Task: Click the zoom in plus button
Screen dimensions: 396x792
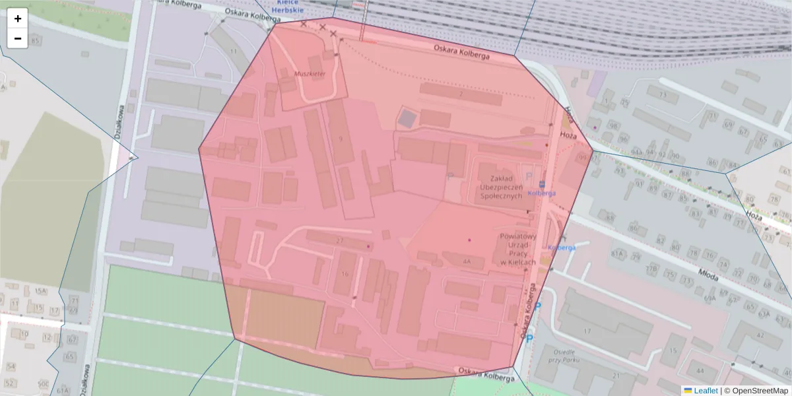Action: pyautogui.click(x=18, y=18)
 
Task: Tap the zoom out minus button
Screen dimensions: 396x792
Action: pyautogui.click(x=18, y=38)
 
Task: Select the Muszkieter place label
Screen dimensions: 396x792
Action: pyautogui.click(x=310, y=74)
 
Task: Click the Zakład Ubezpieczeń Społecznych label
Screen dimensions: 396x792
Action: pyautogui.click(x=502, y=187)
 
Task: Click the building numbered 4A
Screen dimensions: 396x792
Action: pyautogui.click(x=467, y=262)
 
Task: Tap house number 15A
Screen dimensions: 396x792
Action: pyautogui.click(x=41, y=291)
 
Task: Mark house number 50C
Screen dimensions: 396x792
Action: pyautogui.click(x=43, y=383)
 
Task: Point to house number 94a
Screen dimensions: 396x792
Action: pyautogui.click(x=636, y=152)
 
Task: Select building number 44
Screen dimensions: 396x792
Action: pyautogui.click(x=699, y=372)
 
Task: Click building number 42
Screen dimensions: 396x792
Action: pyautogui.click(x=760, y=335)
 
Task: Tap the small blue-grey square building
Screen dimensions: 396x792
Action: pyautogui.click(x=407, y=119)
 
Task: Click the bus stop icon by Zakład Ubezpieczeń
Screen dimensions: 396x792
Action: pyautogui.click(x=541, y=184)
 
